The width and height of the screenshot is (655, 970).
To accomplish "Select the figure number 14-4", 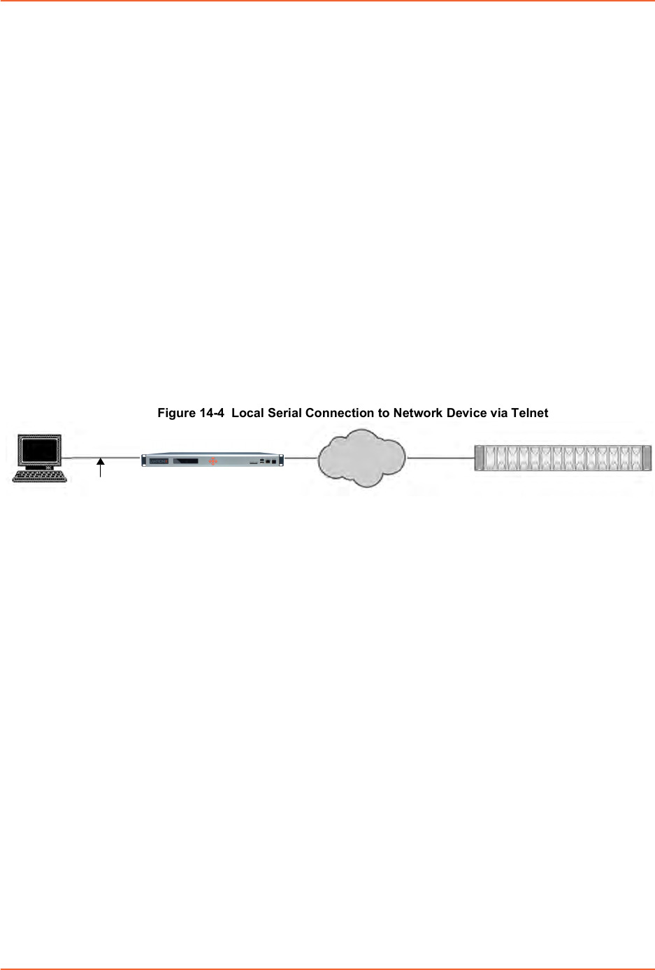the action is pyautogui.click(x=212, y=413).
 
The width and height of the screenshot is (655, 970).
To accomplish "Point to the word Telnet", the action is pyautogui.click(x=530, y=413).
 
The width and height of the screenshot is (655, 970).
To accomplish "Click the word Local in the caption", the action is pyautogui.click(x=247, y=413).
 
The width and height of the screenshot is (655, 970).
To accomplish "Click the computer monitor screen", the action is pyautogui.click(x=39, y=450).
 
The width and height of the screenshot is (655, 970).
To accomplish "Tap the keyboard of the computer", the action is pyautogui.click(x=39, y=476).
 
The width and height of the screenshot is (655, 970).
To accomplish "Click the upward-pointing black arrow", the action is pyautogui.click(x=101, y=468).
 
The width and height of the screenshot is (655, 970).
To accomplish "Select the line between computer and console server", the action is pyautogui.click(x=101, y=457).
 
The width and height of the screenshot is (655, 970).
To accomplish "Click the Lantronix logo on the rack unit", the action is pyautogui.click(x=159, y=461).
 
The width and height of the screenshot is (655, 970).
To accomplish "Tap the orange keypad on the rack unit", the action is pyautogui.click(x=213, y=462).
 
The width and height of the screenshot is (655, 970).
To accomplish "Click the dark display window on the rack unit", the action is pyautogui.click(x=186, y=461).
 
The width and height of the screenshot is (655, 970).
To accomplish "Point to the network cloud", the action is pyautogui.click(x=361, y=458).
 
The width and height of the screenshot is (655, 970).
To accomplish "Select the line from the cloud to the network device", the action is pyautogui.click(x=440, y=457).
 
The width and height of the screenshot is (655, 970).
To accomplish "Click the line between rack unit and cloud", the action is pyautogui.click(x=301, y=457).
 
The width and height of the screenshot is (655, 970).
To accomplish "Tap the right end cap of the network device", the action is pyautogui.click(x=647, y=458).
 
